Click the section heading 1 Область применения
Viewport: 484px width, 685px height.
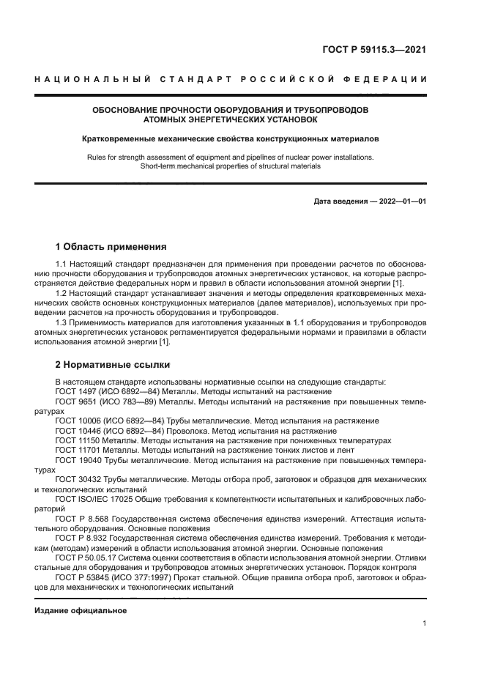[x=111, y=246]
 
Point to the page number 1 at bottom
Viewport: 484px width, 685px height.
[x=425, y=623]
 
